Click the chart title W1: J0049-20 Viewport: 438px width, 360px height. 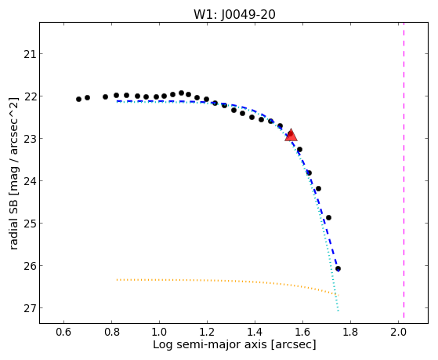[234, 14]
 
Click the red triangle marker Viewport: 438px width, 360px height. [291, 135]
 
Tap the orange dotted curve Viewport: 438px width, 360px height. [228, 281]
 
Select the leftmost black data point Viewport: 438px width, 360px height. [78, 99]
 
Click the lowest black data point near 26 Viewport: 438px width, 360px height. [338, 269]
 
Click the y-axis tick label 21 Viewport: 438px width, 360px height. [30, 54]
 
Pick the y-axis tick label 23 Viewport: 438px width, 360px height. [30, 139]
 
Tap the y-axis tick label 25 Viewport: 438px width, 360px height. [30, 224]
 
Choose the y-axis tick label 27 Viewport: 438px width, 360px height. [30, 308]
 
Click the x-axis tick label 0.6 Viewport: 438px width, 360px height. [63, 332]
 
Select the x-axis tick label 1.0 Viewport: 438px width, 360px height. [159, 332]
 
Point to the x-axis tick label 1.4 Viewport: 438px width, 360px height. [255, 332]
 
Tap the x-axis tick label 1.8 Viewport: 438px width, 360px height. [350, 332]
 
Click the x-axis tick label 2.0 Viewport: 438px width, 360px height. [398, 332]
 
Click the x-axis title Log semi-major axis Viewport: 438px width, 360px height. [209, 345]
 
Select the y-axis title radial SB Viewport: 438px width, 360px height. [13, 223]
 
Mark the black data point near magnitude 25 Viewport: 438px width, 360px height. [328, 217]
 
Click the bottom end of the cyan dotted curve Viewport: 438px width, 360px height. [338, 311]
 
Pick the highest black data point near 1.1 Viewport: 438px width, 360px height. [181, 93]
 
